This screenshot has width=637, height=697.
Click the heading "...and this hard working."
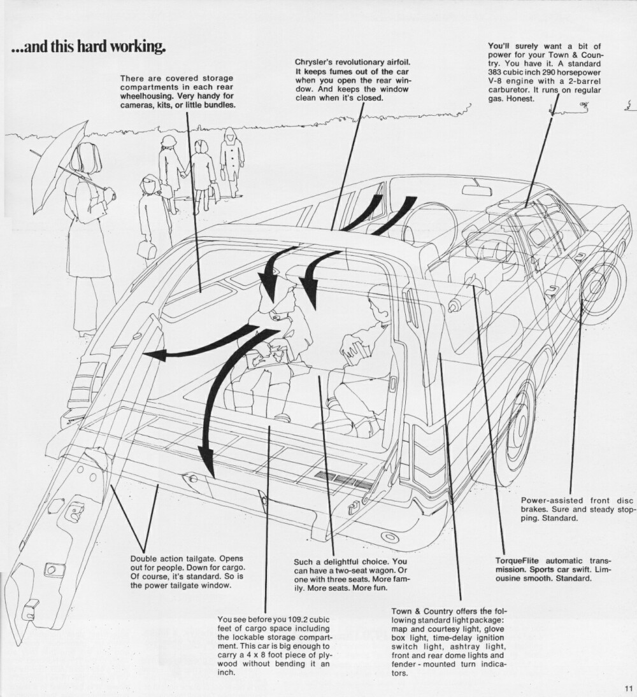[x=89, y=47]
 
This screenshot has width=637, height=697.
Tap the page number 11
[x=627, y=687]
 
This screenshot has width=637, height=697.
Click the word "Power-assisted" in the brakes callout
[x=547, y=500]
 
